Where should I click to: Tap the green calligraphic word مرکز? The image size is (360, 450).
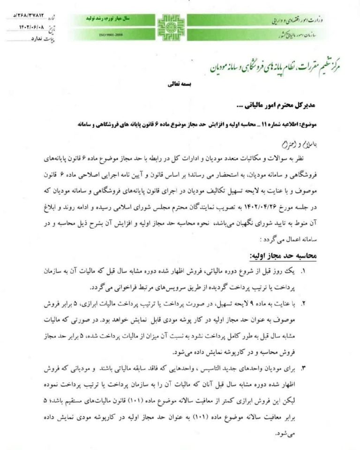coord(333,67)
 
